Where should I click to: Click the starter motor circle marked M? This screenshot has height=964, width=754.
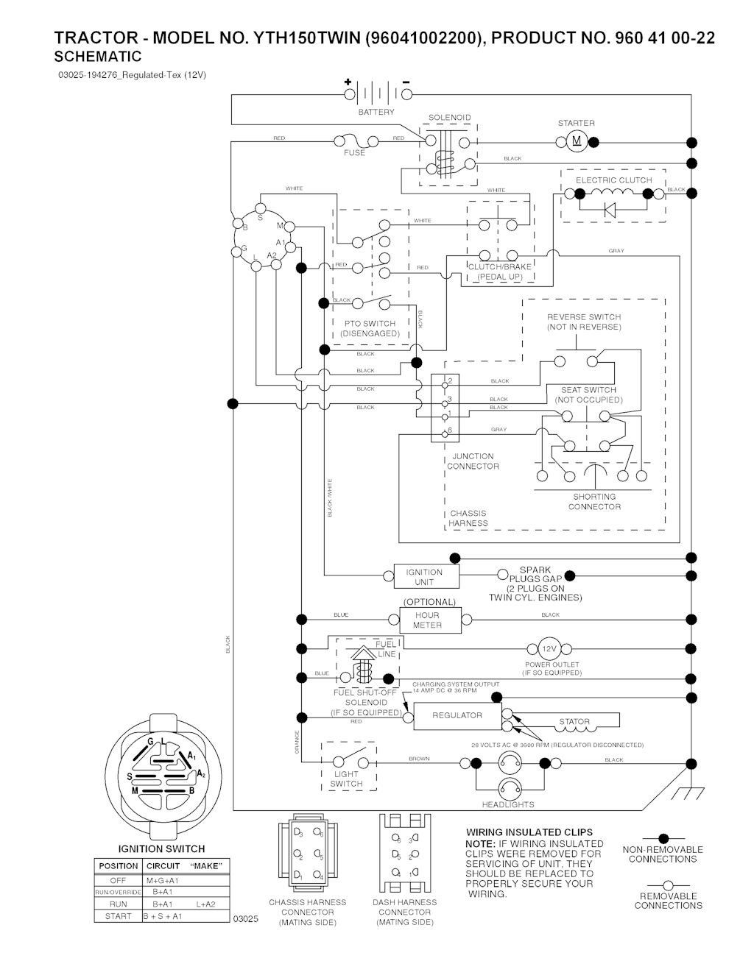[x=577, y=141]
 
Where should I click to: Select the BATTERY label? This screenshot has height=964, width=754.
[x=376, y=113]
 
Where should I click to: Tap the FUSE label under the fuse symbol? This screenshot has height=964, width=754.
[x=354, y=153]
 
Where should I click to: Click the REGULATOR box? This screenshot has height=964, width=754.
[x=457, y=715]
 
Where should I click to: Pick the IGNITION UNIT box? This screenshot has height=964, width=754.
[x=424, y=577]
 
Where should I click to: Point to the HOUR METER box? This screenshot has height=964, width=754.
[x=427, y=620]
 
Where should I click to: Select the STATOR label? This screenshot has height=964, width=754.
[x=574, y=722]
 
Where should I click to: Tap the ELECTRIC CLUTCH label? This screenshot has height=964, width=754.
[x=613, y=180]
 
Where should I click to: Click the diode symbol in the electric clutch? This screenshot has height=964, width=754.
[x=610, y=210]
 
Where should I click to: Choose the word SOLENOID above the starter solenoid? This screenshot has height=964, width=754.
[x=449, y=118]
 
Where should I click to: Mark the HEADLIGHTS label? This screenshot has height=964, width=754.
[x=508, y=804]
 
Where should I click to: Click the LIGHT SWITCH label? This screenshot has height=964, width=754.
[x=346, y=779]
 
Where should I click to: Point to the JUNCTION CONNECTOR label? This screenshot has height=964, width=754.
[x=473, y=461]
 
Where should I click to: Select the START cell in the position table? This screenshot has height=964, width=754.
[x=118, y=917]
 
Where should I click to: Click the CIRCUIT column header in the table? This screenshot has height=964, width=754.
[x=163, y=866]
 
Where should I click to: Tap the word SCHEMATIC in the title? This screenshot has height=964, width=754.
[x=98, y=57]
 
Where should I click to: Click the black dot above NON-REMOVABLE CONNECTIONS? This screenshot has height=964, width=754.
[x=663, y=838]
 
